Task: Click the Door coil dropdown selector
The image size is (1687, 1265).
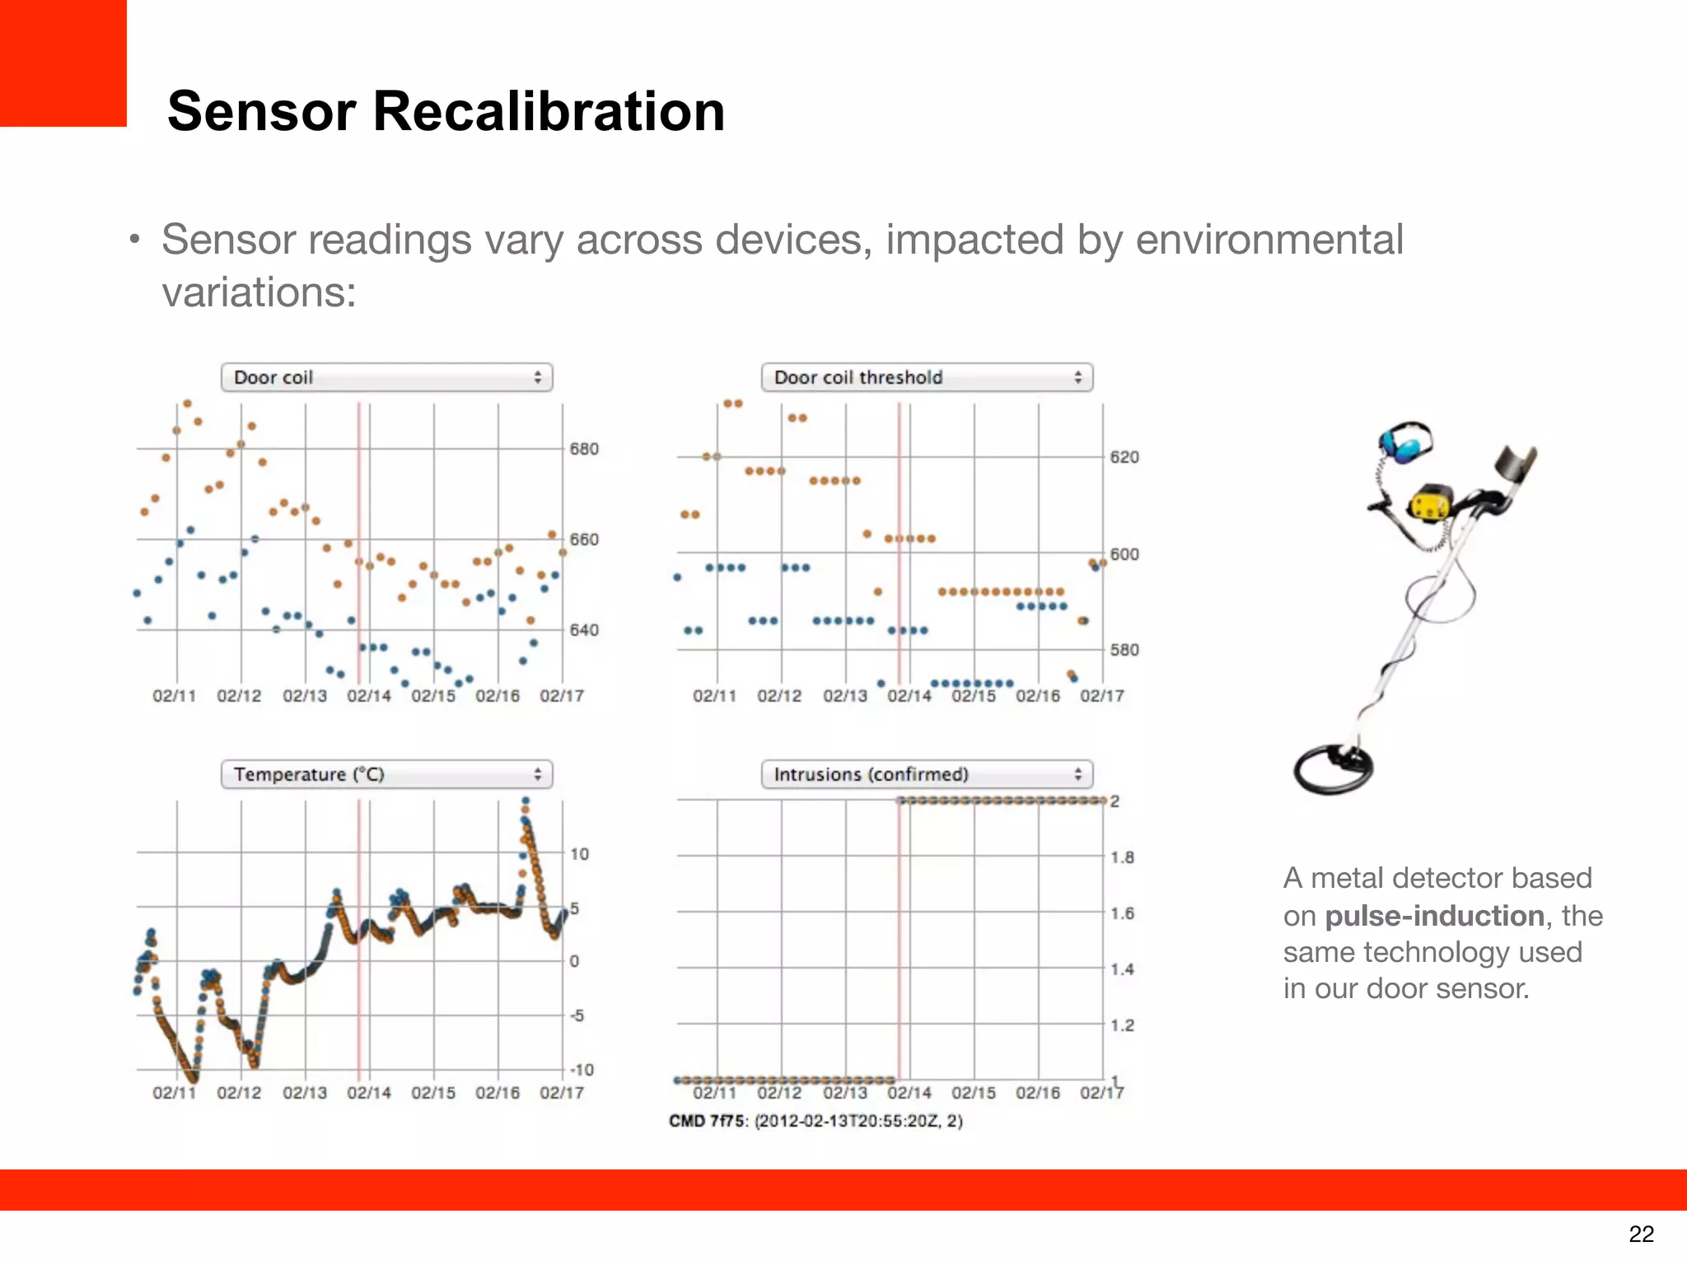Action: pos(386,377)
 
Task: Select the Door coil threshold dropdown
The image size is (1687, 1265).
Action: pos(927,377)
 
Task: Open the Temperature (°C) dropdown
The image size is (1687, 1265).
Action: pos(386,774)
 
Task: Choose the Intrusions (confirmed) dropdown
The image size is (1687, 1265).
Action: pos(927,774)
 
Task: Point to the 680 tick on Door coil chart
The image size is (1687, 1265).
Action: pos(584,449)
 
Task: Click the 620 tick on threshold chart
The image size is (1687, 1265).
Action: pos(1124,457)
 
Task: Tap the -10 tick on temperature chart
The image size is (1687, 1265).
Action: pos(582,1070)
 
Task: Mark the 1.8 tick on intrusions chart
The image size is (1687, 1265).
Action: pos(1122,857)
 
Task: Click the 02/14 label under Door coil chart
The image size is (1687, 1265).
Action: pos(368,696)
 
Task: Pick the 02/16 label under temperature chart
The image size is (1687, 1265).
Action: pos(498,1093)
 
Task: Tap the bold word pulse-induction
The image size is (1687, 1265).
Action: pos(1434,916)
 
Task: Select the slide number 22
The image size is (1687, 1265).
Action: pos(1641,1234)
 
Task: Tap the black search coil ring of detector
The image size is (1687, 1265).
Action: pos(1331,769)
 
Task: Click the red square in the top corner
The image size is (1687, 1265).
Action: pos(63,63)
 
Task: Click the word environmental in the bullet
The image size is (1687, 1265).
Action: pos(1269,240)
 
